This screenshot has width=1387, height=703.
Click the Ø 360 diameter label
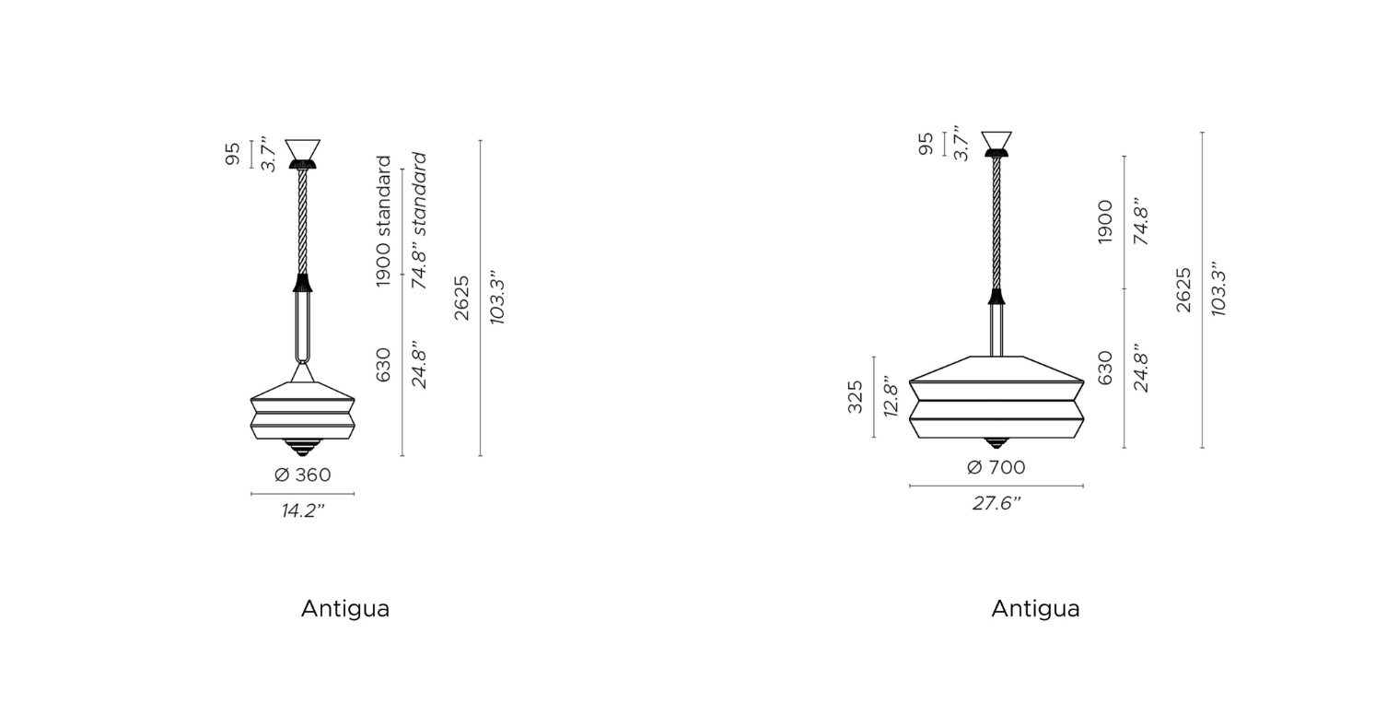pos(303,475)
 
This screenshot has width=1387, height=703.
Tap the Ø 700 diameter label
pos(997,468)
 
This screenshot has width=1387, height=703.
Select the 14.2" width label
pos(303,511)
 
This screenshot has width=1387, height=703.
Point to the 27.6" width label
pos(997,504)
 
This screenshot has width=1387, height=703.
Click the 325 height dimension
pos(855,397)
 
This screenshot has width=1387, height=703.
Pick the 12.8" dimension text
pos(891,396)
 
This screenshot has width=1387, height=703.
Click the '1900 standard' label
pos(384,221)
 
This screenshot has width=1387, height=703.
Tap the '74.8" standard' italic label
pos(420,220)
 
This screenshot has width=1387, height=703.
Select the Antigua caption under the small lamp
pos(345,609)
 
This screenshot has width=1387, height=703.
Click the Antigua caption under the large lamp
pos(1036,609)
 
